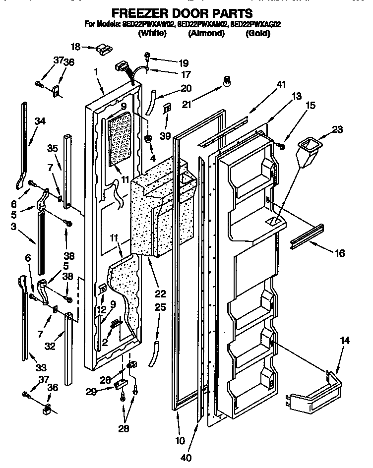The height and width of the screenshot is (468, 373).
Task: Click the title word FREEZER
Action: (137, 12)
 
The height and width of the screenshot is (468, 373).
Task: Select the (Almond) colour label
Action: (206, 34)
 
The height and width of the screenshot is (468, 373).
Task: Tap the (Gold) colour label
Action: (257, 34)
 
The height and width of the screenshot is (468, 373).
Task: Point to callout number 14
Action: (345, 341)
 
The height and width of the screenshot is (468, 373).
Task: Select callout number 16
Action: (340, 253)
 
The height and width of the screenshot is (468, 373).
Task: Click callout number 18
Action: (75, 47)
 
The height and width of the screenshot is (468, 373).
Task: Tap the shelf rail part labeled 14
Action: (315, 398)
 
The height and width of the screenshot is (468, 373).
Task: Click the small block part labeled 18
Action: (103, 48)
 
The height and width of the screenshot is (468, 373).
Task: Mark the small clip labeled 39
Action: (167, 108)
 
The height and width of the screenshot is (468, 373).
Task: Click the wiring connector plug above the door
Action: (123, 66)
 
